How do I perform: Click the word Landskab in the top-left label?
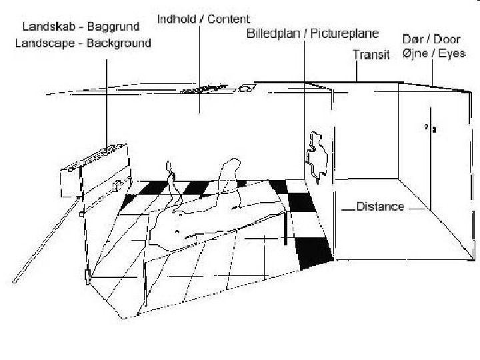point(46,27)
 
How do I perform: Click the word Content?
point(229,19)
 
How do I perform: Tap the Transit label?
point(371,55)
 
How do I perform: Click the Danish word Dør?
point(412,39)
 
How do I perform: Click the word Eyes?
point(451,53)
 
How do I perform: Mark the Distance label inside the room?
point(380,207)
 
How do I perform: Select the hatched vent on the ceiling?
point(203,89)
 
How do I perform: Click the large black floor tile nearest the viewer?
point(315,252)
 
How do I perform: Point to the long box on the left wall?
point(94,167)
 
